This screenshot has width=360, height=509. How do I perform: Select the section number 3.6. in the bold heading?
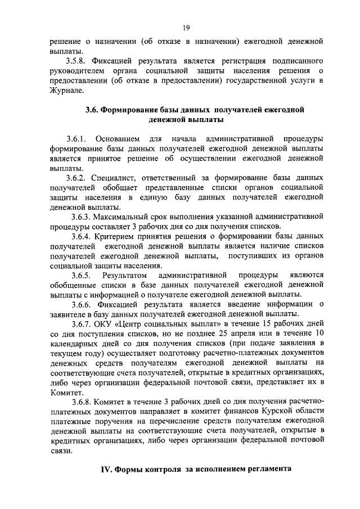tap(92, 110)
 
